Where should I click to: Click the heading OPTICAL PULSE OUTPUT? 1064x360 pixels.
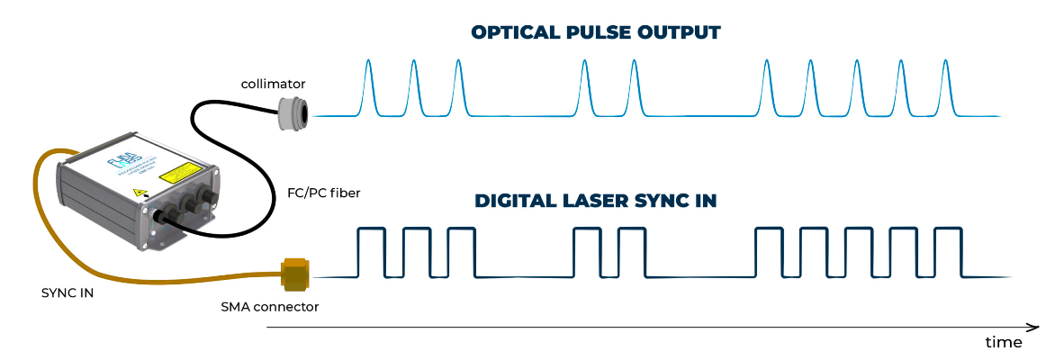tap(596, 33)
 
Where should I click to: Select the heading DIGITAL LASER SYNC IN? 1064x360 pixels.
tap(596, 201)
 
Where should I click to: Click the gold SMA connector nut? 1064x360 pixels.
tap(294, 274)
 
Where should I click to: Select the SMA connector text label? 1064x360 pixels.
tap(270, 307)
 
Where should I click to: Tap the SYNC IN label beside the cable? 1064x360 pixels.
tap(68, 293)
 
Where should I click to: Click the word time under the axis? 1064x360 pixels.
tap(1003, 343)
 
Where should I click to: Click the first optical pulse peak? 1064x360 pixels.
tap(368, 65)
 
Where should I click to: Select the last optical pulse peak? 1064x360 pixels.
tap(946, 65)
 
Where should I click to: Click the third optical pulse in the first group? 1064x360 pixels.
tap(459, 65)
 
